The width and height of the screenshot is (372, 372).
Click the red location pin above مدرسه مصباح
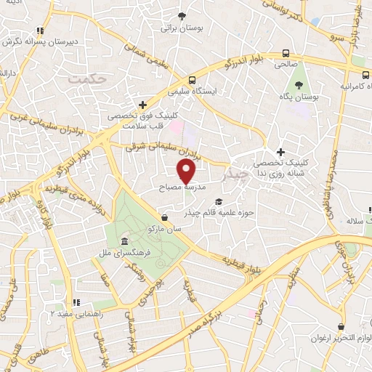(x=187, y=171)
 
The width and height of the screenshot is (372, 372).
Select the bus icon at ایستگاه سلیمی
(x=192, y=81)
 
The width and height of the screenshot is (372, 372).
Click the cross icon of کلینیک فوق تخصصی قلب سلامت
(x=143, y=105)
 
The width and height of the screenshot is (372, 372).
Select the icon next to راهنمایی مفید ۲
(x=76, y=302)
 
